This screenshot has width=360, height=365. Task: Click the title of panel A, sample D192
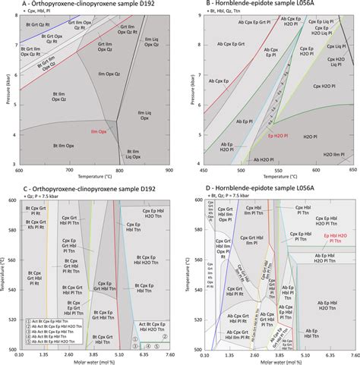(x=80, y=4)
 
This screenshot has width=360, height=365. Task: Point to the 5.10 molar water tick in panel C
(x=118, y=354)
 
